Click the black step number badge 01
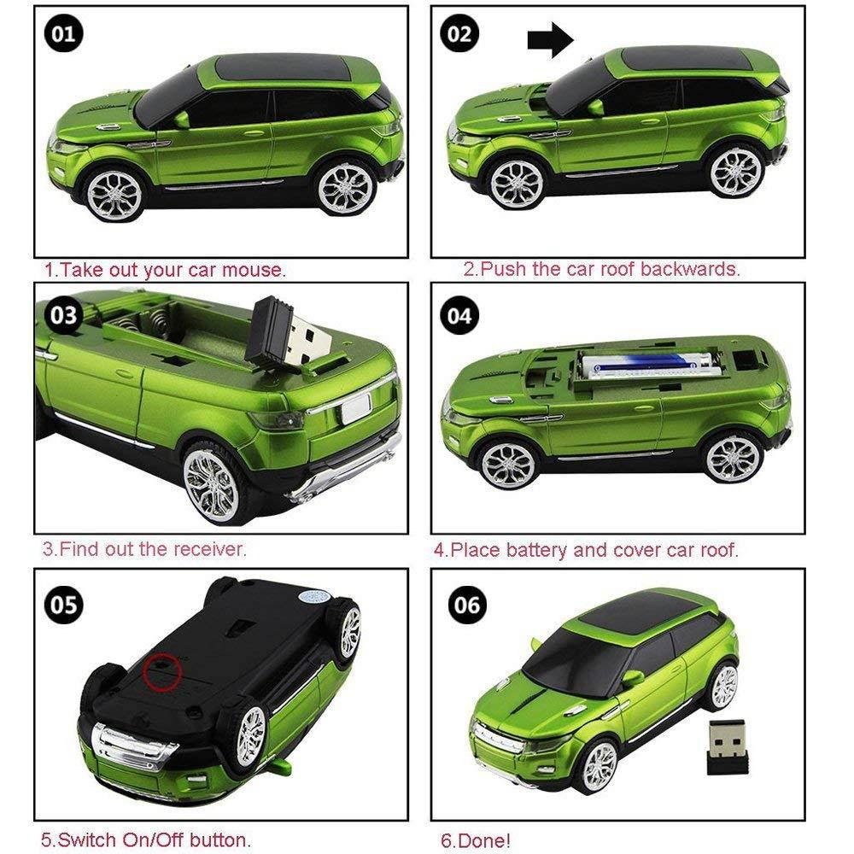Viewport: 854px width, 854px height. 64,34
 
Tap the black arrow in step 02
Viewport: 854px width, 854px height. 551,39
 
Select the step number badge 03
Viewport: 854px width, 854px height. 64,315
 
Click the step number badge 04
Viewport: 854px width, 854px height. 459,315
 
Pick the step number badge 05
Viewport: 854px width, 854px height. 64,604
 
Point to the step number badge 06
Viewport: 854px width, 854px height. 467,604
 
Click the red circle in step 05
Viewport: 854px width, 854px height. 161,672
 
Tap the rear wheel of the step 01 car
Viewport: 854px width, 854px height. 346,188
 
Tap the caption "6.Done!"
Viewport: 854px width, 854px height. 476,840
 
